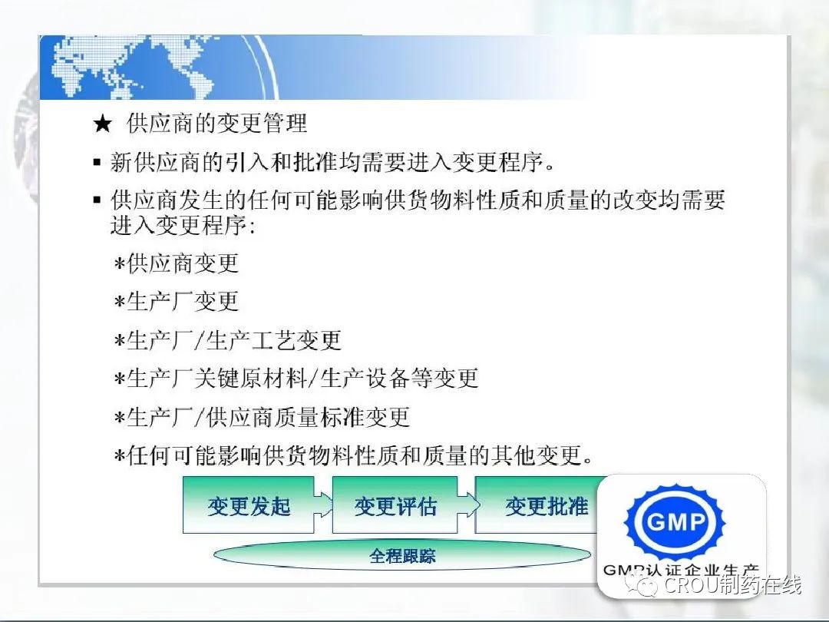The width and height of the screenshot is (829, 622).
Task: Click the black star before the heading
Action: point(102,124)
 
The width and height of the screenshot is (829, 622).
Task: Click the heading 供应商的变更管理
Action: point(216,123)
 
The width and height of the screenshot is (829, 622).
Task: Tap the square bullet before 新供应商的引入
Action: point(97,162)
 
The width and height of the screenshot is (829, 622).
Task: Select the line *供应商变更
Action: point(177,263)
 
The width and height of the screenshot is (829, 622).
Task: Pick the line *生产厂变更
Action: point(177,302)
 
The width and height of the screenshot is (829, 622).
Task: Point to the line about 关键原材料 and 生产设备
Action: point(296,379)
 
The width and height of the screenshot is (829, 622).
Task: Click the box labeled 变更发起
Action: point(249,505)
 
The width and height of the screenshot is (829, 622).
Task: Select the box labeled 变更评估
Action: point(395,505)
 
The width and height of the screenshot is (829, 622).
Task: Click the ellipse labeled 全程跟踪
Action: point(402,555)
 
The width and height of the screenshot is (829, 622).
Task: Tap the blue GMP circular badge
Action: point(675,523)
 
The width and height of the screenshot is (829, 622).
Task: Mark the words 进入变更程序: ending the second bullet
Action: point(183,226)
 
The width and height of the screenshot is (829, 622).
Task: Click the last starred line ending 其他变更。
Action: point(353,455)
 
